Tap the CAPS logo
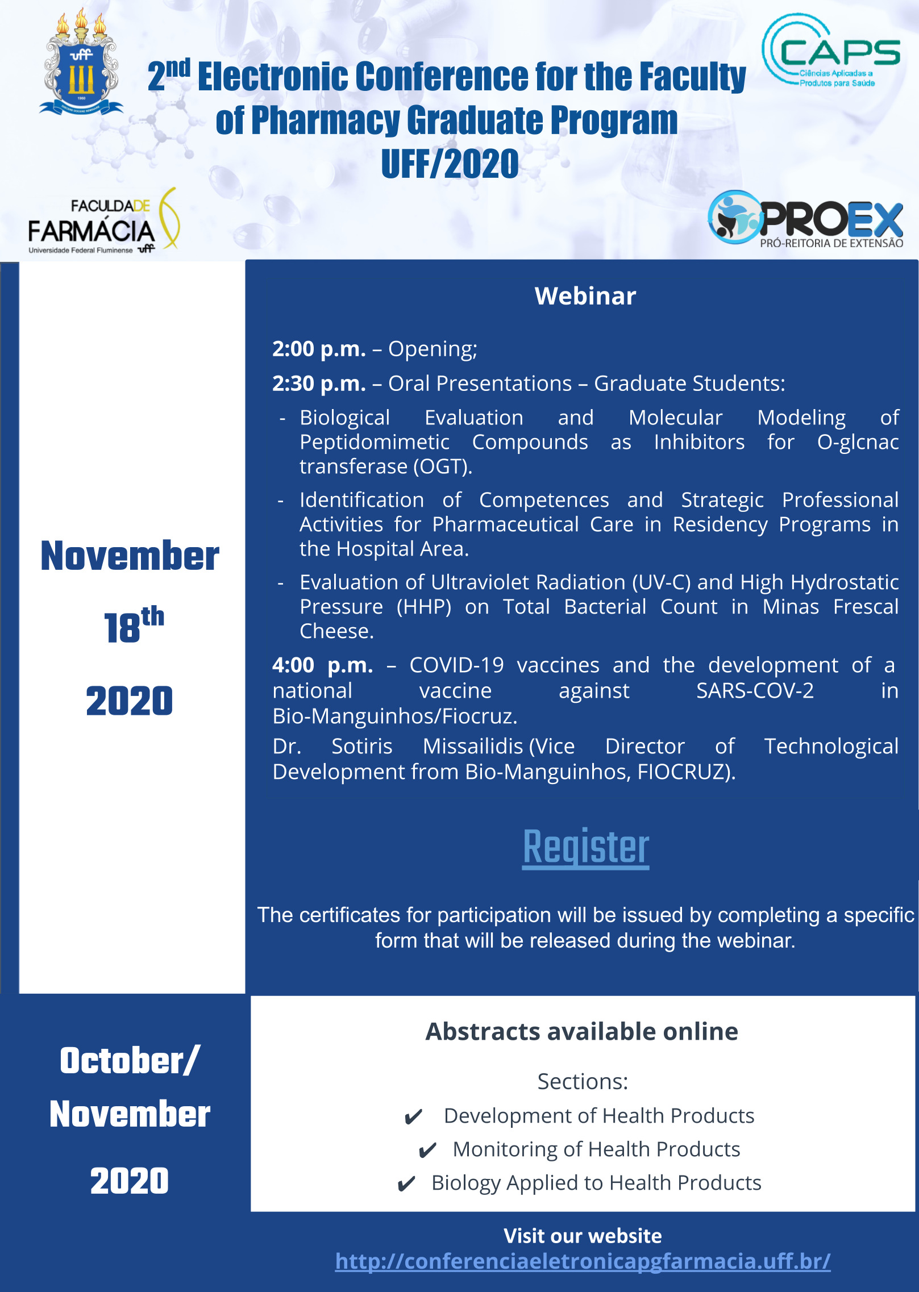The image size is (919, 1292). coord(830,51)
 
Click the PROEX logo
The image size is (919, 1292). coord(805,219)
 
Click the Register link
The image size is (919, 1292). coord(586,848)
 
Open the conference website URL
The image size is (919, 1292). coord(583,1261)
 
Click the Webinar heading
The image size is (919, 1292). coord(585,296)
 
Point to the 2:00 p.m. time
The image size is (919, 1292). coord(319,349)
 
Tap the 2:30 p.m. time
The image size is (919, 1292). coord(319,384)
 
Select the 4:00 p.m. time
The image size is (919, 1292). coord(322,665)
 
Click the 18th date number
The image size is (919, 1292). coord(134,625)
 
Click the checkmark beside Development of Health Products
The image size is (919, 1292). coord(413,1117)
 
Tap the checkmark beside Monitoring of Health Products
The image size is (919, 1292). coord(427,1151)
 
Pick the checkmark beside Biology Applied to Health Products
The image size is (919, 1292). coord(406,1184)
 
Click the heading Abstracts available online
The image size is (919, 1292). coord(582,1031)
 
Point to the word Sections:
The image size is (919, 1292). coord(583,1081)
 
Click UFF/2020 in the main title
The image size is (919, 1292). coord(450,164)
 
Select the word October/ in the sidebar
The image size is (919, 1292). coord(130,1061)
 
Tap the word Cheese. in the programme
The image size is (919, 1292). coord(336,631)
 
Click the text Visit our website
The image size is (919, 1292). coord(583,1236)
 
